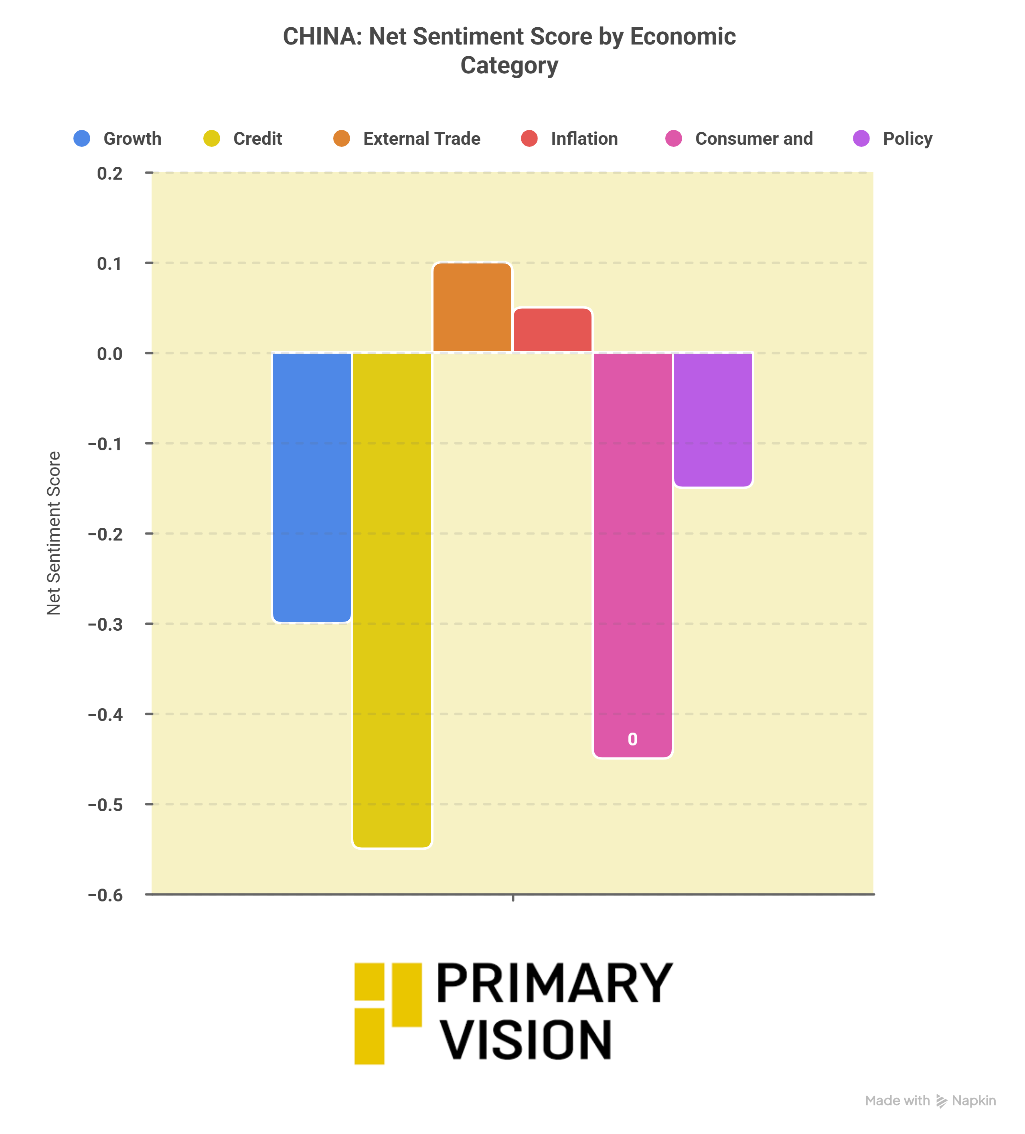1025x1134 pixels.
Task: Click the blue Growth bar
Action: (x=312, y=487)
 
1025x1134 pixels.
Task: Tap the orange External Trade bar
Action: (x=472, y=307)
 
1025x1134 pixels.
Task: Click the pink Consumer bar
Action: (x=632, y=554)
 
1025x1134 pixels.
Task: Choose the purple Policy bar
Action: (x=712, y=419)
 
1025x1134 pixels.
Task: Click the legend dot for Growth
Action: (x=82, y=138)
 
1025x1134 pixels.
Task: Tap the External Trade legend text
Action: (x=421, y=139)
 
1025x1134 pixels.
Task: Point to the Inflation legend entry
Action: (x=584, y=139)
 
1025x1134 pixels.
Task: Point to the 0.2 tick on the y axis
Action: (x=110, y=173)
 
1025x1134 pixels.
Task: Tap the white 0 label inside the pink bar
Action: (x=632, y=739)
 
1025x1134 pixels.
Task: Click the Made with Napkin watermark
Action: (x=930, y=1101)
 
